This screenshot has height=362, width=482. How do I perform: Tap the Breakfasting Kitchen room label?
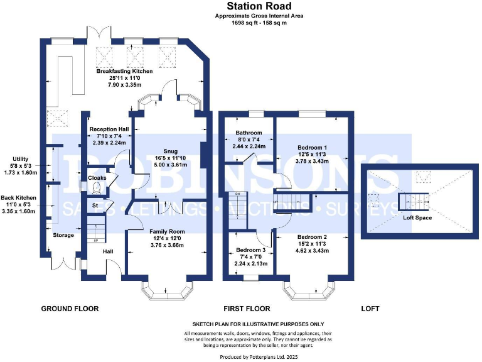pos(124,72)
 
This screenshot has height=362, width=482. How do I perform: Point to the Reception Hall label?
pos(109,129)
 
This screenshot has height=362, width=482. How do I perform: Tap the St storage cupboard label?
pos(95,205)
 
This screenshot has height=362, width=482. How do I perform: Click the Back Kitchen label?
pos(18,198)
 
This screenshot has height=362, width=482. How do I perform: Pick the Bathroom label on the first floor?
pos(249,133)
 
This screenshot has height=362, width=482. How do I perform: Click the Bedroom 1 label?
pos(312,147)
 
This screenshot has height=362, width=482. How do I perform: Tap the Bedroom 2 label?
pos(312,238)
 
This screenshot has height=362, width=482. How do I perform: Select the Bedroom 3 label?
pos(246,250)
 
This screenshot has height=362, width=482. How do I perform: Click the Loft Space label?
pos(417,218)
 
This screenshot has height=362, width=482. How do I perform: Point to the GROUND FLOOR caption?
pos(70,309)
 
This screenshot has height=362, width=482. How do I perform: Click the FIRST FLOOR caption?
pos(247,309)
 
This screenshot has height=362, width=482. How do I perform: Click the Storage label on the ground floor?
pos(63,235)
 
